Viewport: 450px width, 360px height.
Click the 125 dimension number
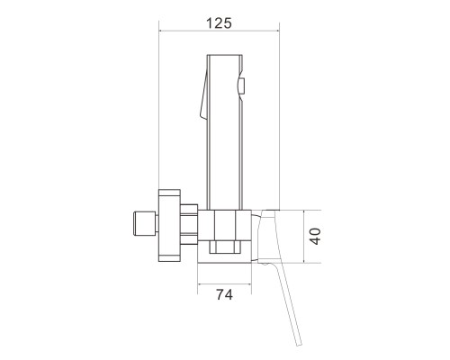(x=219, y=23)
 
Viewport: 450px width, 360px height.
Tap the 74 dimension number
(x=224, y=294)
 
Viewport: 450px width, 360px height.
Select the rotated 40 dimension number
(x=315, y=237)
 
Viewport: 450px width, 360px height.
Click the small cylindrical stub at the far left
(x=145, y=223)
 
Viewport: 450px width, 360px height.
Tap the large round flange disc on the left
(x=169, y=226)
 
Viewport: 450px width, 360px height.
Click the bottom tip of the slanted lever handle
(x=299, y=345)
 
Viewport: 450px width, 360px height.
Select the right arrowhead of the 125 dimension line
(x=277, y=31)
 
